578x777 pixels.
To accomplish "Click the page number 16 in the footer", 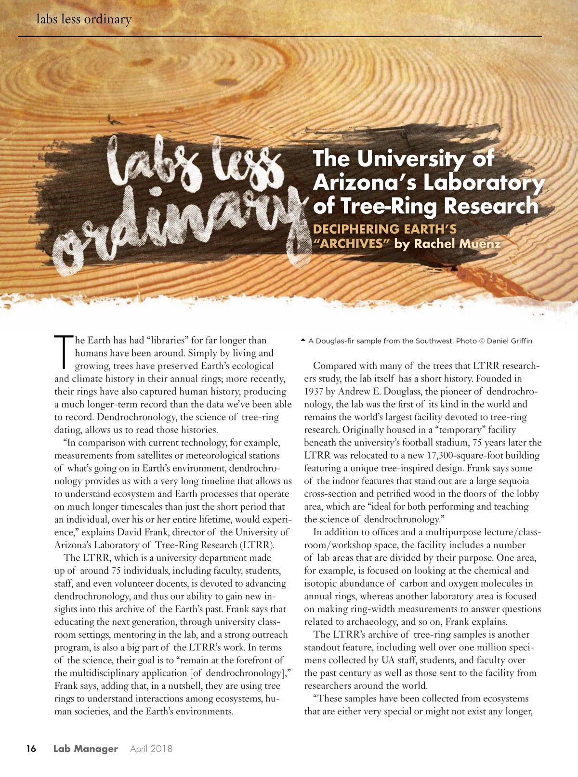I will tap(31, 749).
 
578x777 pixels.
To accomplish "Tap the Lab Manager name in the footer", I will tap(85, 749).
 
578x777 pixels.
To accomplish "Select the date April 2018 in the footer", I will tap(151, 749).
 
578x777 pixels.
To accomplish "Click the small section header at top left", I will tap(84, 20).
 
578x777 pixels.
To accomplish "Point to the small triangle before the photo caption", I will tap(302, 341).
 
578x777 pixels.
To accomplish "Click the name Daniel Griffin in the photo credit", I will tap(510, 341).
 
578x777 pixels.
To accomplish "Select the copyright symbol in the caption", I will tap(482, 341).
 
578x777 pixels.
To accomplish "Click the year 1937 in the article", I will tap(314, 392).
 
